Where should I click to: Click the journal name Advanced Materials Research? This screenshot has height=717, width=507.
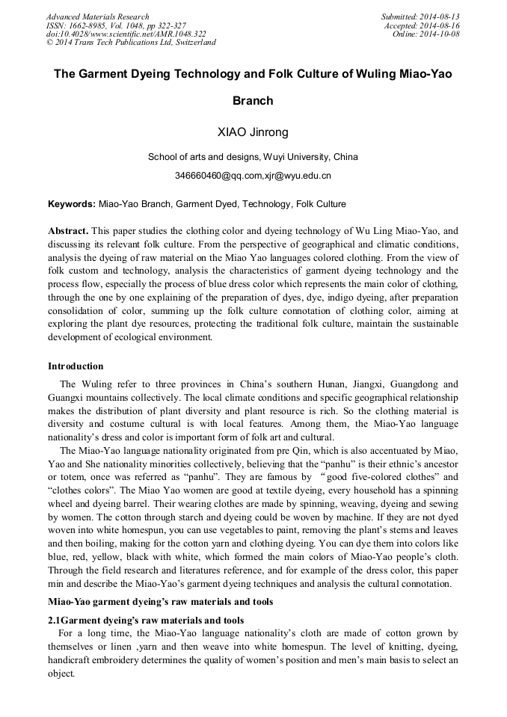(97, 16)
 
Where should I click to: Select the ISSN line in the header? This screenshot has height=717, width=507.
(116, 25)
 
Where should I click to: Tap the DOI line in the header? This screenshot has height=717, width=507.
(126, 34)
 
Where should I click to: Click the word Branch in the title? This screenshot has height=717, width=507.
(253, 100)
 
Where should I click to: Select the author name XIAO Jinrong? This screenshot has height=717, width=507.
(253, 133)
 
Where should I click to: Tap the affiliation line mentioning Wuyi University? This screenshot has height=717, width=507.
(253, 157)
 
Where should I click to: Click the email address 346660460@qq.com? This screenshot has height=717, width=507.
(212, 176)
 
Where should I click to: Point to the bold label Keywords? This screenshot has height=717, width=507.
(72, 203)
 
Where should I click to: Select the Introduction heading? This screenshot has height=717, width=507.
(76, 366)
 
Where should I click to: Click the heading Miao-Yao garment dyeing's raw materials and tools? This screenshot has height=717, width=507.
(160, 602)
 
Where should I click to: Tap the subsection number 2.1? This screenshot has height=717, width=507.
(55, 621)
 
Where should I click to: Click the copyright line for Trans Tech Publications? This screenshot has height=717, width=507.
(131, 43)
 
